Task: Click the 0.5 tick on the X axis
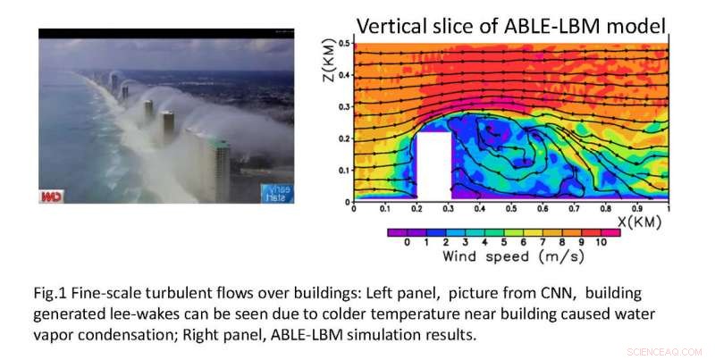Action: coord(511,208)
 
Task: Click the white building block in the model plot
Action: coord(433,165)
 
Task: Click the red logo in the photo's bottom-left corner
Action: coord(50,195)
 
